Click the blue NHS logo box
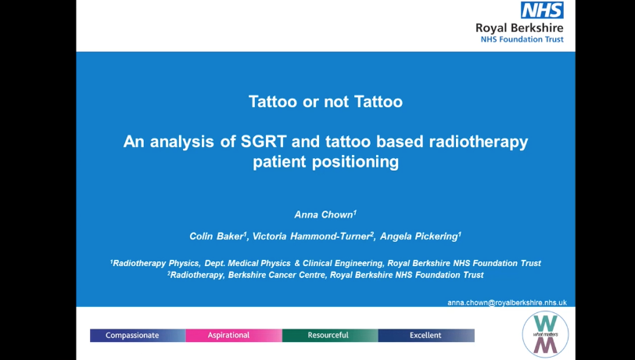click(x=542, y=10)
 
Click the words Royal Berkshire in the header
click(x=519, y=28)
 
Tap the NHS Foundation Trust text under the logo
click(x=522, y=39)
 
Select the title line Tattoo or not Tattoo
click(x=325, y=102)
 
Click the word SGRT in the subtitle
click(x=264, y=142)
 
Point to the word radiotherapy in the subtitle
click(x=479, y=142)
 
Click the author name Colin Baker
click(x=217, y=236)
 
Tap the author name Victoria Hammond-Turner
click(x=311, y=236)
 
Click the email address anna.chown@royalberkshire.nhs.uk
click(x=507, y=303)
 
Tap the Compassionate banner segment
click(x=138, y=335)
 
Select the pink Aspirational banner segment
click(x=234, y=335)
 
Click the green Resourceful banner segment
click(x=330, y=335)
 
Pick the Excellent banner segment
click(x=426, y=335)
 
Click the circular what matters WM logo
click(x=545, y=334)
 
